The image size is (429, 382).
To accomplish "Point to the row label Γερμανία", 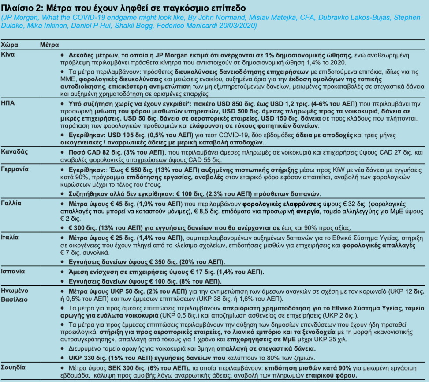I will (x=14, y=169).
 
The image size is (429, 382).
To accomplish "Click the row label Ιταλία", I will (x=10, y=237).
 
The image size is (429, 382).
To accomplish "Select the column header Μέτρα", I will (x=49, y=45).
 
